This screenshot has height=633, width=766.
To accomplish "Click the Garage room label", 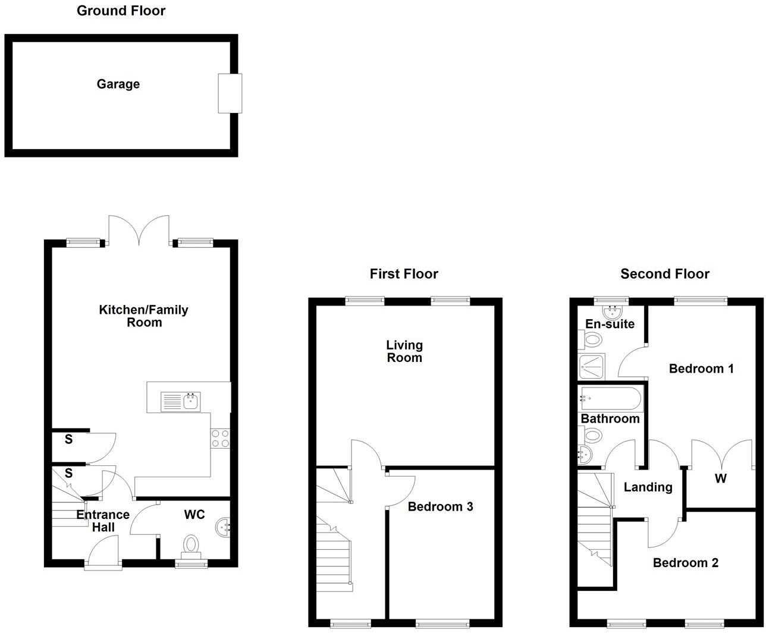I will click(x=118, y=84).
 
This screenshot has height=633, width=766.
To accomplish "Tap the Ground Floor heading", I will click(x=121, y=11).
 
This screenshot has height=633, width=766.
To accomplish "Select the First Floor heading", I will click(x=404, y=274).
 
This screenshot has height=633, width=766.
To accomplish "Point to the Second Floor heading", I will click(x=665, y=274).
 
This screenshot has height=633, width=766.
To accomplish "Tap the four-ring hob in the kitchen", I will click(x=221, y=439).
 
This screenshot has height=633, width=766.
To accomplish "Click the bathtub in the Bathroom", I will click(x=611, y=398).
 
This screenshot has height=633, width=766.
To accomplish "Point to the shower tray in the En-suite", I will click(x=591, y=367).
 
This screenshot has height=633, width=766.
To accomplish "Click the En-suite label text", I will click(x=610, y=324).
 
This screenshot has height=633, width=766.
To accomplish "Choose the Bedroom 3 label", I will click(x=440, y=506).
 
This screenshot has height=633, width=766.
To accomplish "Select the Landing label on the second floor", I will click(x=648, y=487).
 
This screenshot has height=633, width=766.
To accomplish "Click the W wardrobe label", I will click(x=720, y=478).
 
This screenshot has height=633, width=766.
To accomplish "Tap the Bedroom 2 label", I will click(x=685, y=563).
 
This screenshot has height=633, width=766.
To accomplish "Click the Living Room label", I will click(x=404, y=351).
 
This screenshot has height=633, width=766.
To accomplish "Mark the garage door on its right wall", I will click(x=230, y=93).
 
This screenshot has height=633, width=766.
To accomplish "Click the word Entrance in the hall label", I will click(x=103, y=515).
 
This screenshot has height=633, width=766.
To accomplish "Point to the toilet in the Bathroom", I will click(x=592, y=436).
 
